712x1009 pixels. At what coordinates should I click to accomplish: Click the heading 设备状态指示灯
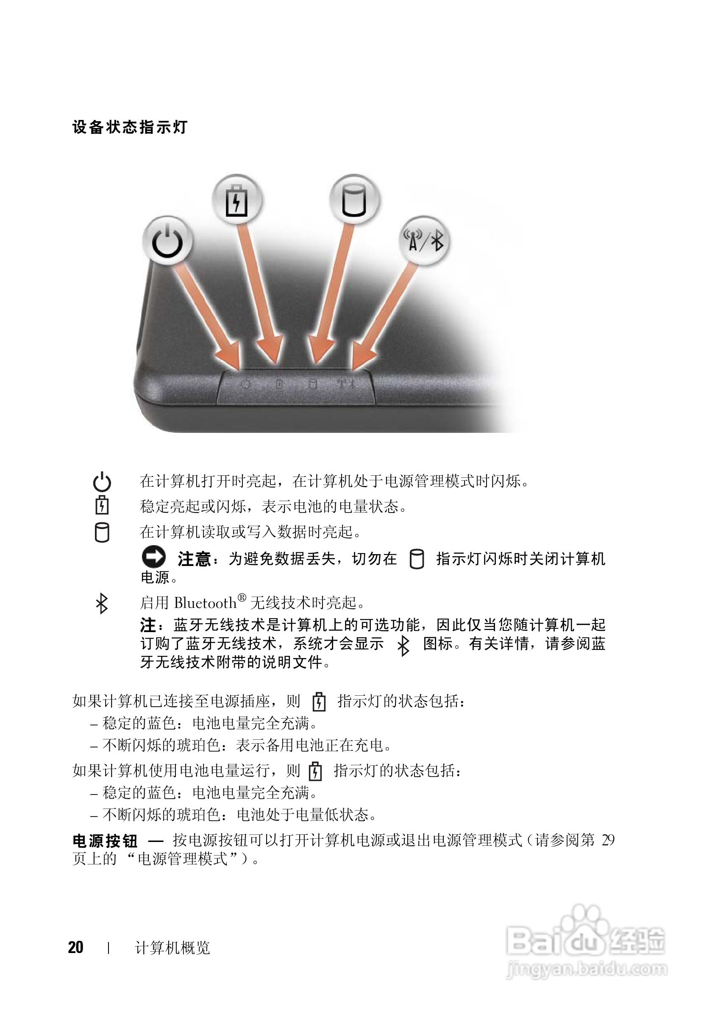pos(130,128)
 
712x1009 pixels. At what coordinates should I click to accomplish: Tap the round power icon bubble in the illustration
pos(168,241)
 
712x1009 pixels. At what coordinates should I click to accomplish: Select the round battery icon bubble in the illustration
pos(237,201)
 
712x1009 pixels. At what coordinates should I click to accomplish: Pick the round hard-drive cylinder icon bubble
pos(354,201)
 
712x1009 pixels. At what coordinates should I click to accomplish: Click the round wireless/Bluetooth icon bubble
pos(424,241)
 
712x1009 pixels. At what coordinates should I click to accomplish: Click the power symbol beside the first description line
pos(102,482)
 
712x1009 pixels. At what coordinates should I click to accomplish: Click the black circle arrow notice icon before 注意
pos(154,557)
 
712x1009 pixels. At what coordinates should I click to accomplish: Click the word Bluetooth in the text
pos(205,603)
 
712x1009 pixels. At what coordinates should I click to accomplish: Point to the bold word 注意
pos(194,559)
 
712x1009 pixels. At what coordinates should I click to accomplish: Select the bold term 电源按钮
pos(105,841)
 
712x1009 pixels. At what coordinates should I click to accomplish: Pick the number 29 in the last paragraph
pos(608,840)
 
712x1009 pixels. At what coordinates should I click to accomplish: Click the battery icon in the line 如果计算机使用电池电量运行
pos(315,771)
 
